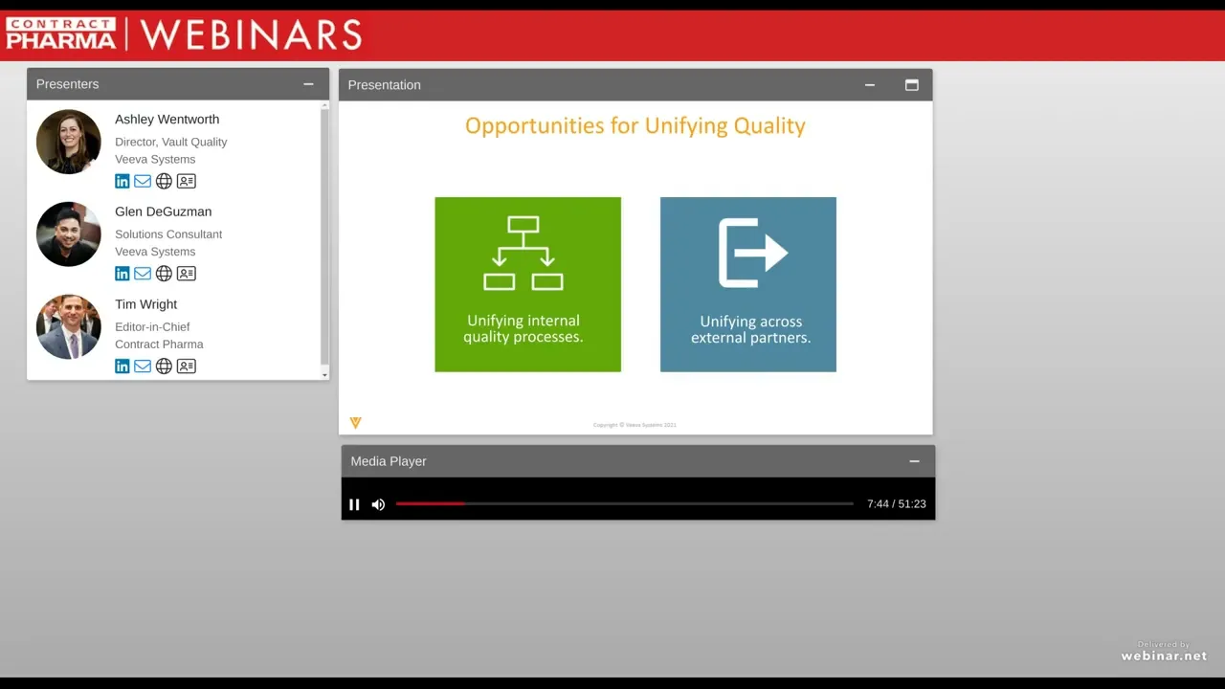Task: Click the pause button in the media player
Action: [x=354, y=504]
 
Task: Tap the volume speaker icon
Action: [x=378, y=504]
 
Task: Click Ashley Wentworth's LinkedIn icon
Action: [x=122, y=181]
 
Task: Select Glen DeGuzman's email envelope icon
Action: [x=143, y=274]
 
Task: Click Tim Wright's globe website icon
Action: [x=164, y=366]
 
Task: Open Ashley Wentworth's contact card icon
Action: [x=187, y=181]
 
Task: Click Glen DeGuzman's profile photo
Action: [x=69, y=234]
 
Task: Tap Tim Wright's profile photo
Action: [x=69, y=327]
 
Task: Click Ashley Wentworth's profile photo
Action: [x=69, y=142]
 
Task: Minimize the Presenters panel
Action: [x=308, y=84]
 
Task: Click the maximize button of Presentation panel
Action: [x=912, y=85]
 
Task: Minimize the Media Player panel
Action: [x=914, y=461]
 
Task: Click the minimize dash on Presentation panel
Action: [x=870, y=85]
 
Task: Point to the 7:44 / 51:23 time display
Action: [x=896, y=504]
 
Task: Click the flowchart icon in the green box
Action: [x=523, y=253]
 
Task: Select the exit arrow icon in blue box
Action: [x=752, y=253]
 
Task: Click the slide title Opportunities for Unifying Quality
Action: [x=635, y=125]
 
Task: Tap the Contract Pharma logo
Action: [x=61, y=33]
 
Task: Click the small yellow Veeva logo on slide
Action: [x=356, y=422]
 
